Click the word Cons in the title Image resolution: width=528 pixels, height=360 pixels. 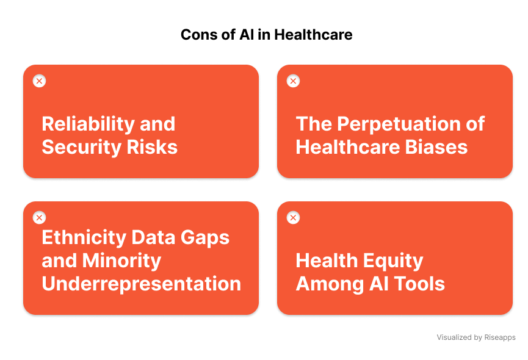click(195, 35)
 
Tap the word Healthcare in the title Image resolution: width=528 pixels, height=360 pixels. click(313, 35)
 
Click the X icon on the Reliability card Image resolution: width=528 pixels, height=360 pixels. click(39, 81)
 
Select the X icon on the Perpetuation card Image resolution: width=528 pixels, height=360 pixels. click(293, 81)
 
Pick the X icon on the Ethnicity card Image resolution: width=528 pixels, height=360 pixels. click(39, 218)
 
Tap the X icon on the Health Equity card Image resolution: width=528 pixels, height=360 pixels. click(293, 218)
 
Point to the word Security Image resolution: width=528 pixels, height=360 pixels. click(78, 147)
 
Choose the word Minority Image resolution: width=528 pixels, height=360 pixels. click(123, 261)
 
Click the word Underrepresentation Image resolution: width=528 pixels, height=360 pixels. click(141, 284)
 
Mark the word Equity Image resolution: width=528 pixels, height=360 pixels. click(391, 261)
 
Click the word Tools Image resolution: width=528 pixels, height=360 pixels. click(419, 284)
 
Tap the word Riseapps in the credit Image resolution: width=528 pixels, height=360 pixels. click(501, 337)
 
